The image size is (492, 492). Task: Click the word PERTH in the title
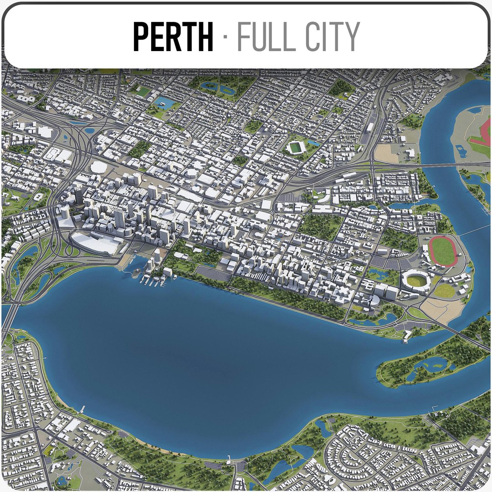173,36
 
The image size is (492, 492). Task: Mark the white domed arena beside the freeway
98,167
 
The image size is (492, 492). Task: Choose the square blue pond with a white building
163,103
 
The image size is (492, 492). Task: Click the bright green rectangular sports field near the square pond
143,92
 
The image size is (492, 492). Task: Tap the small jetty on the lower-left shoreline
82,409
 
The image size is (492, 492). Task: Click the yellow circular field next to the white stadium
445,291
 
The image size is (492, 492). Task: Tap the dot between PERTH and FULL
225,36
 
